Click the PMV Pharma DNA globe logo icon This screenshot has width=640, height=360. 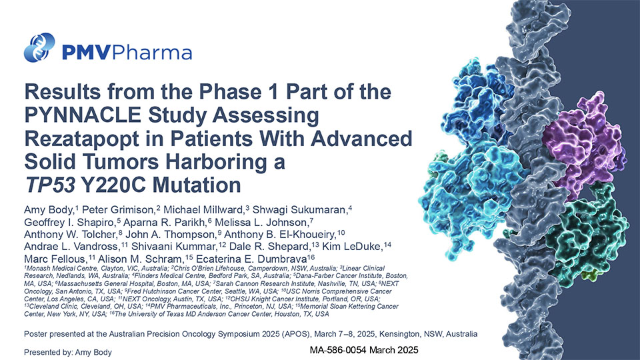[39, 47]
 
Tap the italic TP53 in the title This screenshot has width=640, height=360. [50, 185]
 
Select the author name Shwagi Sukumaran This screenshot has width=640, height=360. [299, 210]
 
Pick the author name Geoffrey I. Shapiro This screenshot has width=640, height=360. [71, 223]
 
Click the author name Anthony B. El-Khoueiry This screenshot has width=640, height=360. [279, 235]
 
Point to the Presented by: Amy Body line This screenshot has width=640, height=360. [68, 352]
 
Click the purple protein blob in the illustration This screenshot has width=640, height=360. [583, 143]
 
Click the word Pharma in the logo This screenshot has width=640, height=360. [152, 52]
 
